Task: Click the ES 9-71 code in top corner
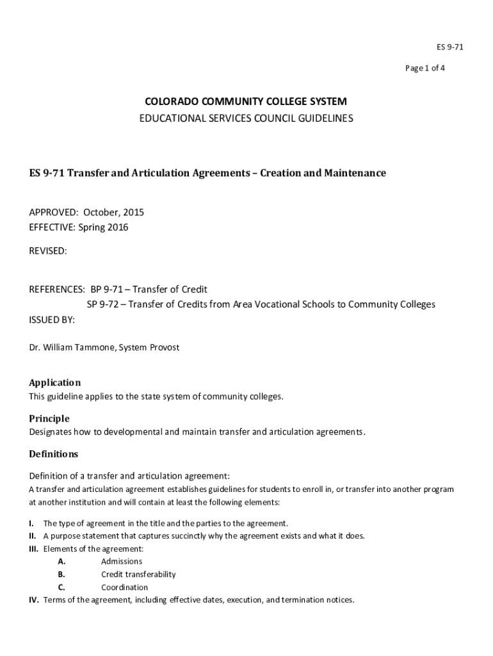pyautogui.click(x=432, y=47)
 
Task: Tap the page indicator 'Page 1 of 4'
pyautogui.click(x=424, y=69)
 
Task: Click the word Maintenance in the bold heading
pyautogui.click(x=355, y=173)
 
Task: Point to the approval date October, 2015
pyautogui.click(x=109, y=212)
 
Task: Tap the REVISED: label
pyautogui.click(x=48, y=251)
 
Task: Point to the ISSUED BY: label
pyautogui.click(x=52, y=320)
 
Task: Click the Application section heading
pyautogui.click(x=55, y=382)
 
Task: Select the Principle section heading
pyautogui.click(x=49, y=418)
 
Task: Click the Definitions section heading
pyautogui.click(x=54, y=454)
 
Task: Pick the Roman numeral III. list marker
pyautogui.click(x=34, y=549)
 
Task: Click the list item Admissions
pyautogui.click(x=122, y=562)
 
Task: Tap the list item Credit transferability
pyautogui.click(x=138, y=575)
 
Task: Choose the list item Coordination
pyautogui.click(x=124, y=587)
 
